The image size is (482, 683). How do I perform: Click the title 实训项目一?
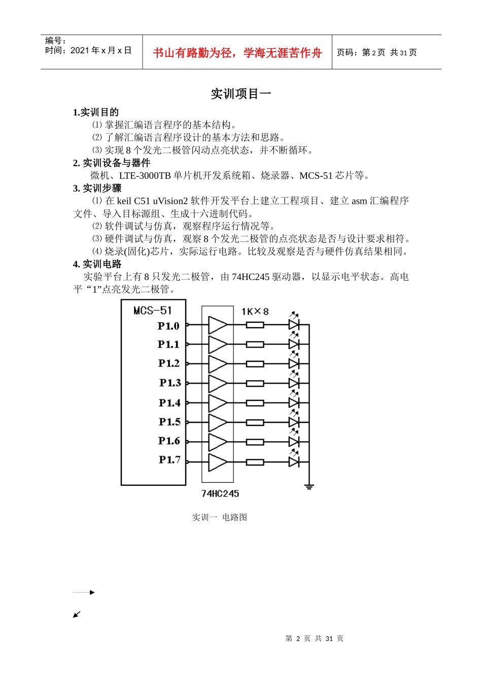(241, 94)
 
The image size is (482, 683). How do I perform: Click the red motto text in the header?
(237, 53)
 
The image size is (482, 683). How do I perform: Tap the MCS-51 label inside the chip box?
(153, 311)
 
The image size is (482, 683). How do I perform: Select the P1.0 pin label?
(168, 326)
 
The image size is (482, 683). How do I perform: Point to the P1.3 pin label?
(170, 383)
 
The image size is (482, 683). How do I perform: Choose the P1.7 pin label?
(169, 460)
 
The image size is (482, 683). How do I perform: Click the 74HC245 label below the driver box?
(220, 493)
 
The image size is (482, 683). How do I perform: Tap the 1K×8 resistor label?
(255, 312)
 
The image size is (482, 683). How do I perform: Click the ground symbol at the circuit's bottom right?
(309, 486)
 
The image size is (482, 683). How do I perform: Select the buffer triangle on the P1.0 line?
(218, 325)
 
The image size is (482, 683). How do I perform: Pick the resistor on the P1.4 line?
(255, 403)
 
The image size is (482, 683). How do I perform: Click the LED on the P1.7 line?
(294, 462)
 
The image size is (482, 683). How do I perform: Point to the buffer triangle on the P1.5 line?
(218, 422)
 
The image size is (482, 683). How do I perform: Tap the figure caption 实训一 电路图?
(219, 517)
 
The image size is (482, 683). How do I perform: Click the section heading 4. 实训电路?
(97, 264)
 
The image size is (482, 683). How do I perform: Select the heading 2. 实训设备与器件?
(112, 163)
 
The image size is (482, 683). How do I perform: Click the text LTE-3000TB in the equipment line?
(145, 176)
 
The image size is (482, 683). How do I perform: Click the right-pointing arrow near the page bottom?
(84, 593)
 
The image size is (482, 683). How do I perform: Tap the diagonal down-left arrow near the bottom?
(77, 614)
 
